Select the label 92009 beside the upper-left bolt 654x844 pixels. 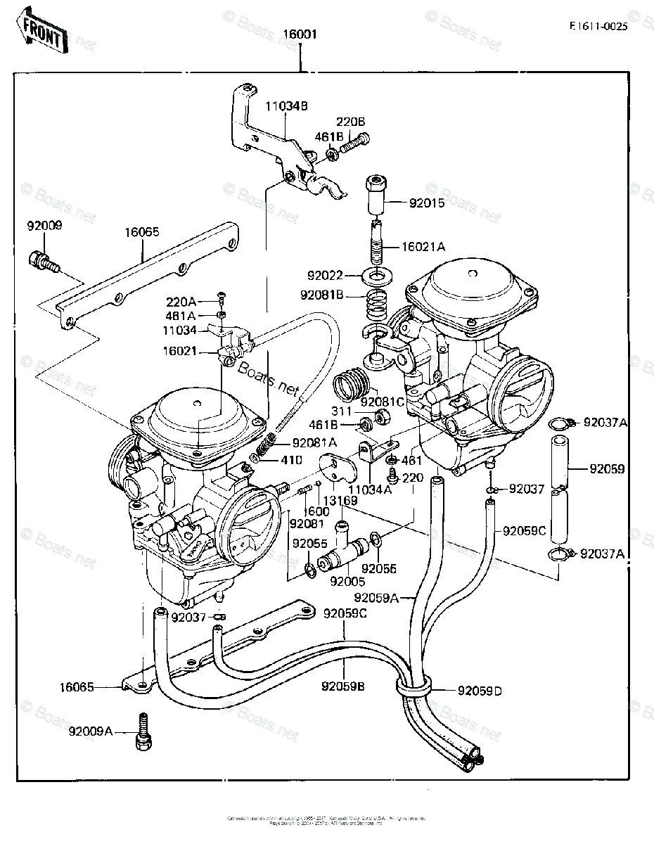pos(44,226)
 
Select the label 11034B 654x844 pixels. pos(286,107)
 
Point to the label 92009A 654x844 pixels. pos(91,731)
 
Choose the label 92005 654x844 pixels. pos(347,581)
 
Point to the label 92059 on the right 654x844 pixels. pos(607,468)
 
